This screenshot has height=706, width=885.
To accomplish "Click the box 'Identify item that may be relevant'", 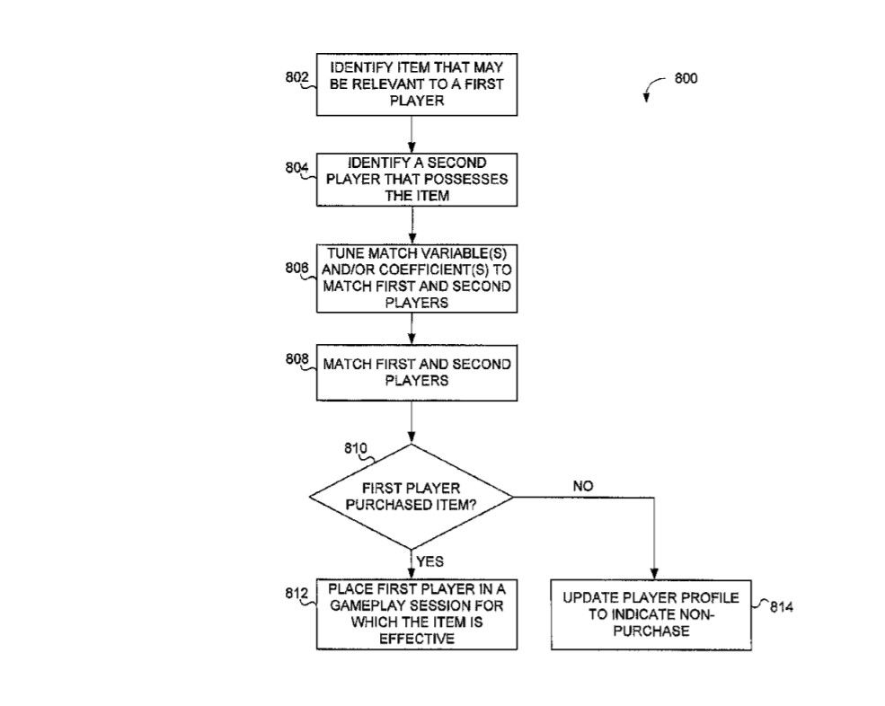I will click(416, 84).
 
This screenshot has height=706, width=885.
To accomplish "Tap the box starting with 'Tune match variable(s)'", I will click(416, 278).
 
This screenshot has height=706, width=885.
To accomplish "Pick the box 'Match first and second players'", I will click(416, 372).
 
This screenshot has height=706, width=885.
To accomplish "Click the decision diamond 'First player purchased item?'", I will click(411, 496).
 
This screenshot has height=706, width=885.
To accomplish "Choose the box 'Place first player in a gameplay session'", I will click(416, 614).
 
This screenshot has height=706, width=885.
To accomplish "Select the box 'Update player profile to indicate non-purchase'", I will click(650, 614).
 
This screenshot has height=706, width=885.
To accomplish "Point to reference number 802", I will click(296, 77).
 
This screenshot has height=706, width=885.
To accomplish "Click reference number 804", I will click(296, 167).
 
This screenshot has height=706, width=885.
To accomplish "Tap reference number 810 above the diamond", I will click(356, 447).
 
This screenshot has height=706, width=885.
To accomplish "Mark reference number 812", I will click(296, 593).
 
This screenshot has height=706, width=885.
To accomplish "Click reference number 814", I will click(781, 607).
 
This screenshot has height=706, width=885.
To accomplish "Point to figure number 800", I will click(685, 78).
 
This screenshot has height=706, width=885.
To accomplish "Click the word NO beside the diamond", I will click(582, 486).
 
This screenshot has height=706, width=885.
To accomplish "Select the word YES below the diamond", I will click(430, 562).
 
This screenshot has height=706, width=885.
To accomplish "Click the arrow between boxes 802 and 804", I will click(411, 135).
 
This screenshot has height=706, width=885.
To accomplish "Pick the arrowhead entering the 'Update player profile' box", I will click(653, 575).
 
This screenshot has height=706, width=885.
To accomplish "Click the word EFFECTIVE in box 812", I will click(416, 639).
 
